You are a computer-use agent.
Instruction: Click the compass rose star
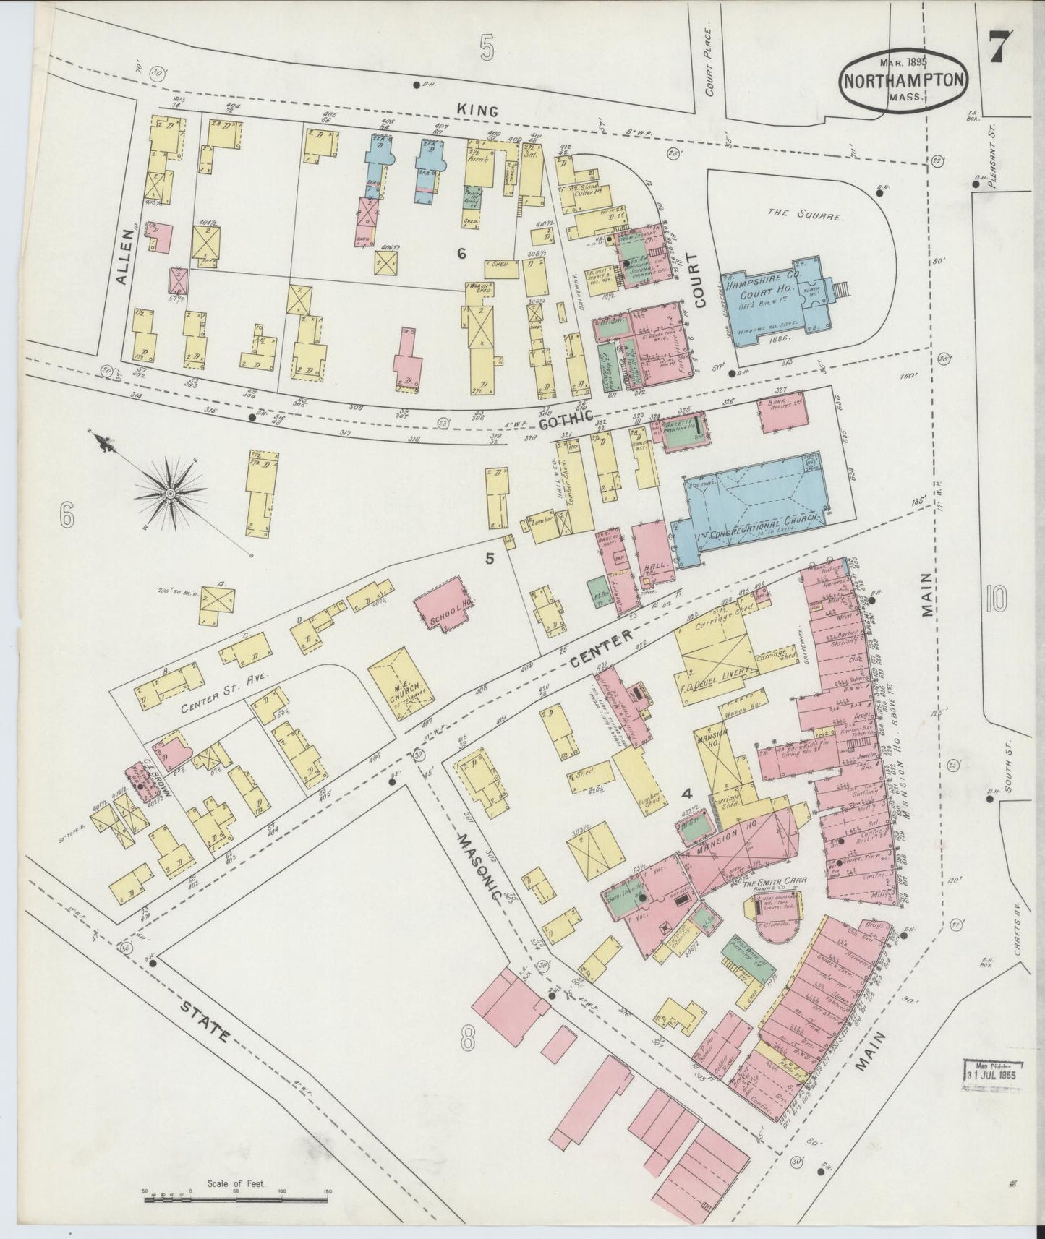click(171, 493)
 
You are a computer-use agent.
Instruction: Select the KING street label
click(477, 111)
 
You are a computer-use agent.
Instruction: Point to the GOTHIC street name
click(567, 417)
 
